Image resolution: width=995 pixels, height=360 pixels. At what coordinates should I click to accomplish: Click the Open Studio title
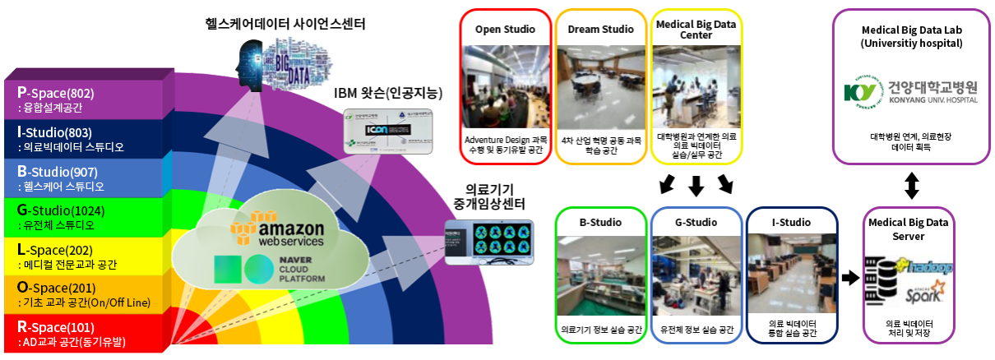point(505,30)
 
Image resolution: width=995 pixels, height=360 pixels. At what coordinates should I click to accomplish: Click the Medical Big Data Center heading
point(696,30)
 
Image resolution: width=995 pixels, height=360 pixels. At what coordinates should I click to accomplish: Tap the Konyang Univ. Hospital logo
point(910,91)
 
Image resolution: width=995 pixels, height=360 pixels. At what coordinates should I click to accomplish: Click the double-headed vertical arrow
point(910,184)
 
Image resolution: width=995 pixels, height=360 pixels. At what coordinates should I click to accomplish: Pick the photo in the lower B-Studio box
point(599,275)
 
